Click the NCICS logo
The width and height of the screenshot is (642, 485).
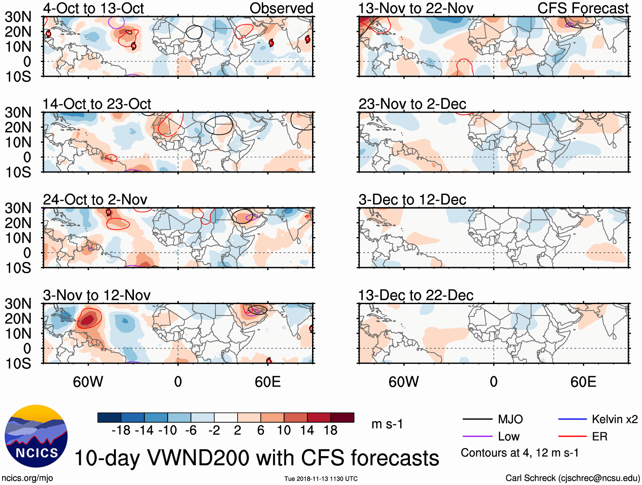pyautogui.click(x=36, y=436)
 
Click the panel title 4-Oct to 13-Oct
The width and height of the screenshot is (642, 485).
pyautogui.click(x=93, y=8)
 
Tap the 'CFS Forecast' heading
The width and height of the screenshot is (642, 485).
pyautogui.click(x=583, y=8)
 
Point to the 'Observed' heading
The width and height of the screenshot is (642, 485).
pyautogui.click(x=281, y=8)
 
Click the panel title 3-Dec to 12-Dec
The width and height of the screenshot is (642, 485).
pyautogui.click(x=412, y=200)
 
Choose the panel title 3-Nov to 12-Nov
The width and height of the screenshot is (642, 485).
pyautogui.click(x=97, y=295)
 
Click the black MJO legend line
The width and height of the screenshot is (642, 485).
pyautogui.click(x=477, y=420)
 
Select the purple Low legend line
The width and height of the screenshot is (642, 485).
pyautogui.click(x=477, y=437)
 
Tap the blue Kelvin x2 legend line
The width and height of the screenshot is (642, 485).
pyautogui.click(x=573, y=420)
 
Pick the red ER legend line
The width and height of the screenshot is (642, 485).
pyautogui.click(x=573, y=437)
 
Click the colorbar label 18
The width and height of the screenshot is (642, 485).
pyautogui.click(x=330, y=431)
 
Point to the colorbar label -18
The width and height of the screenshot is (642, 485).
pyautogui.click(x=121, y=431)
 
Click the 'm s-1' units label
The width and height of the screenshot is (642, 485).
pyautogui.click(x=387, y=424)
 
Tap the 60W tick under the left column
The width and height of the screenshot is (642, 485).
pyautogui.click(x=88, y=382)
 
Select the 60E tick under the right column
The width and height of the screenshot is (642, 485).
pyautogui.click(x=583, y=382)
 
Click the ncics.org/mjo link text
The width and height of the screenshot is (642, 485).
pyautogui.click(x=27, y=478)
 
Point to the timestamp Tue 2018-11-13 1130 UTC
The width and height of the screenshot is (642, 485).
pyautogui.click(x=321, y=479)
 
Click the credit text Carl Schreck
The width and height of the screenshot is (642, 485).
pyautogui.click(x=530, y=478)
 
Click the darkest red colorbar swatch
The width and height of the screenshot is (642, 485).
pyautogui.click(x=342, y=417)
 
